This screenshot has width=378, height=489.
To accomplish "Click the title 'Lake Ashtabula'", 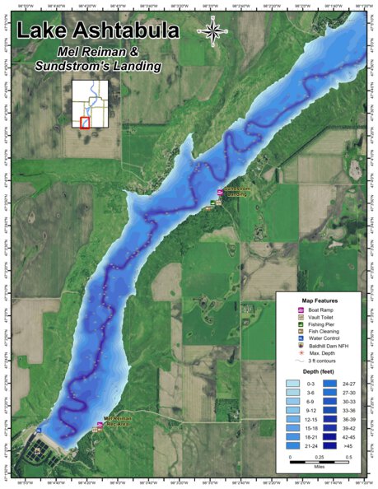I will click(x=98, y=31).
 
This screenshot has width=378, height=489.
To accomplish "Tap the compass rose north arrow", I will click(x=212, y=31).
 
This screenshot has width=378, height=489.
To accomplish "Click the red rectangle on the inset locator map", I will click(x=84, y=123).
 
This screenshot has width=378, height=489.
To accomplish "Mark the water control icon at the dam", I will click(x=38, y=429).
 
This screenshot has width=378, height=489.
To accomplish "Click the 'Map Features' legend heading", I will click(x=320, y=300).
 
